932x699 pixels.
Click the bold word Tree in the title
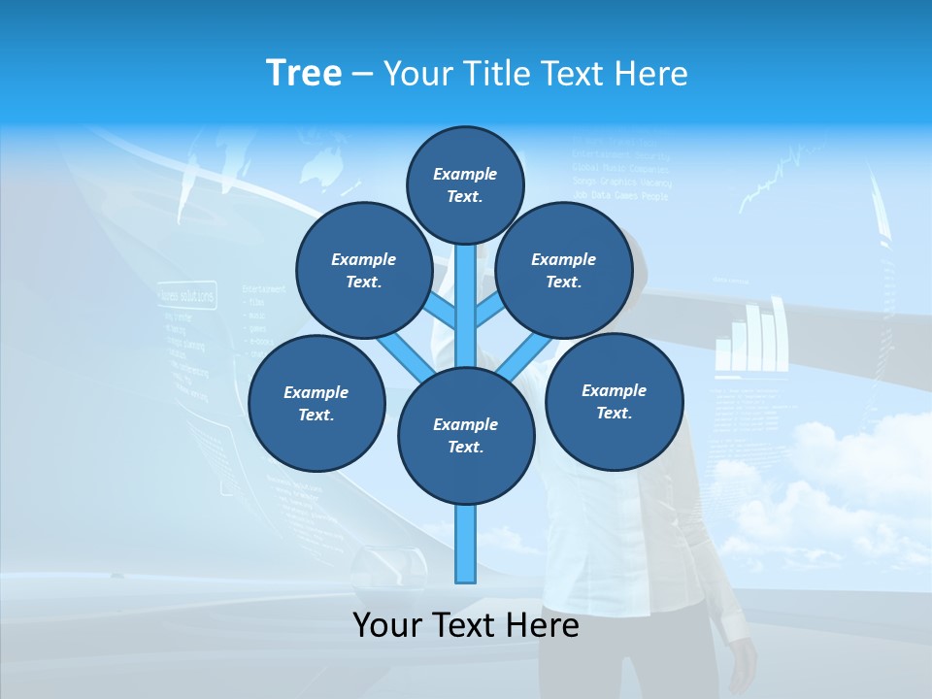(304, 73)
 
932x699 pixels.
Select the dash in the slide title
(362, 75)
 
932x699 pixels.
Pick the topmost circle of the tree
(465, 184)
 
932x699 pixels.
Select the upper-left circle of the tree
(364, 270)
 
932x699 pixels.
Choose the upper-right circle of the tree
(564, 270)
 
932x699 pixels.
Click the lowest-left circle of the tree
(316, 403)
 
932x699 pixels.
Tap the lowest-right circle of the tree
(614, 401)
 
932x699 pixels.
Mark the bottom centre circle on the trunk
(466, 435)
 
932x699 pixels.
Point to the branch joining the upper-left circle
(442, 313)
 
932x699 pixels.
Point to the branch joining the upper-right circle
(489, 313)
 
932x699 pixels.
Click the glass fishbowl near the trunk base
(387, 565)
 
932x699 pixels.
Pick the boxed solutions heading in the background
(186, 294)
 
